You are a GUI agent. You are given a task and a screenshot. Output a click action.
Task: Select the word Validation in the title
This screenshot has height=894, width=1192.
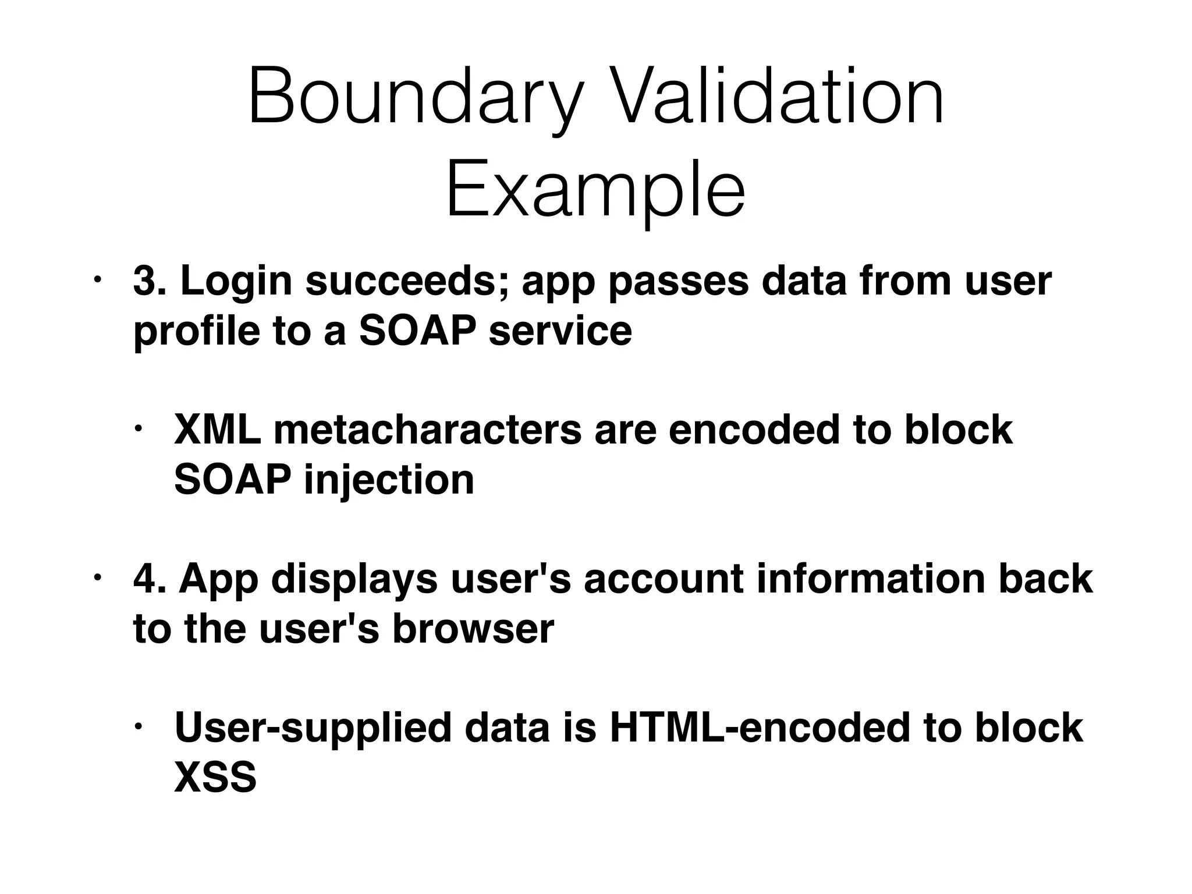point(776,96)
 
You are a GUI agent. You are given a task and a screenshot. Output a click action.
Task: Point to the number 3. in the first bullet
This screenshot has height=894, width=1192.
point(150,281)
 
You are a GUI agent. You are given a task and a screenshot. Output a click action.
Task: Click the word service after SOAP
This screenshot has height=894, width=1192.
point(560,331)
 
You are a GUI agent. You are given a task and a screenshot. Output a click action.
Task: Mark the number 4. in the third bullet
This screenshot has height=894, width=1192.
point(149,579)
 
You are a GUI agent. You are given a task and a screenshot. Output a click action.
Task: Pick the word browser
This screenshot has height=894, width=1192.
point(473,629)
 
